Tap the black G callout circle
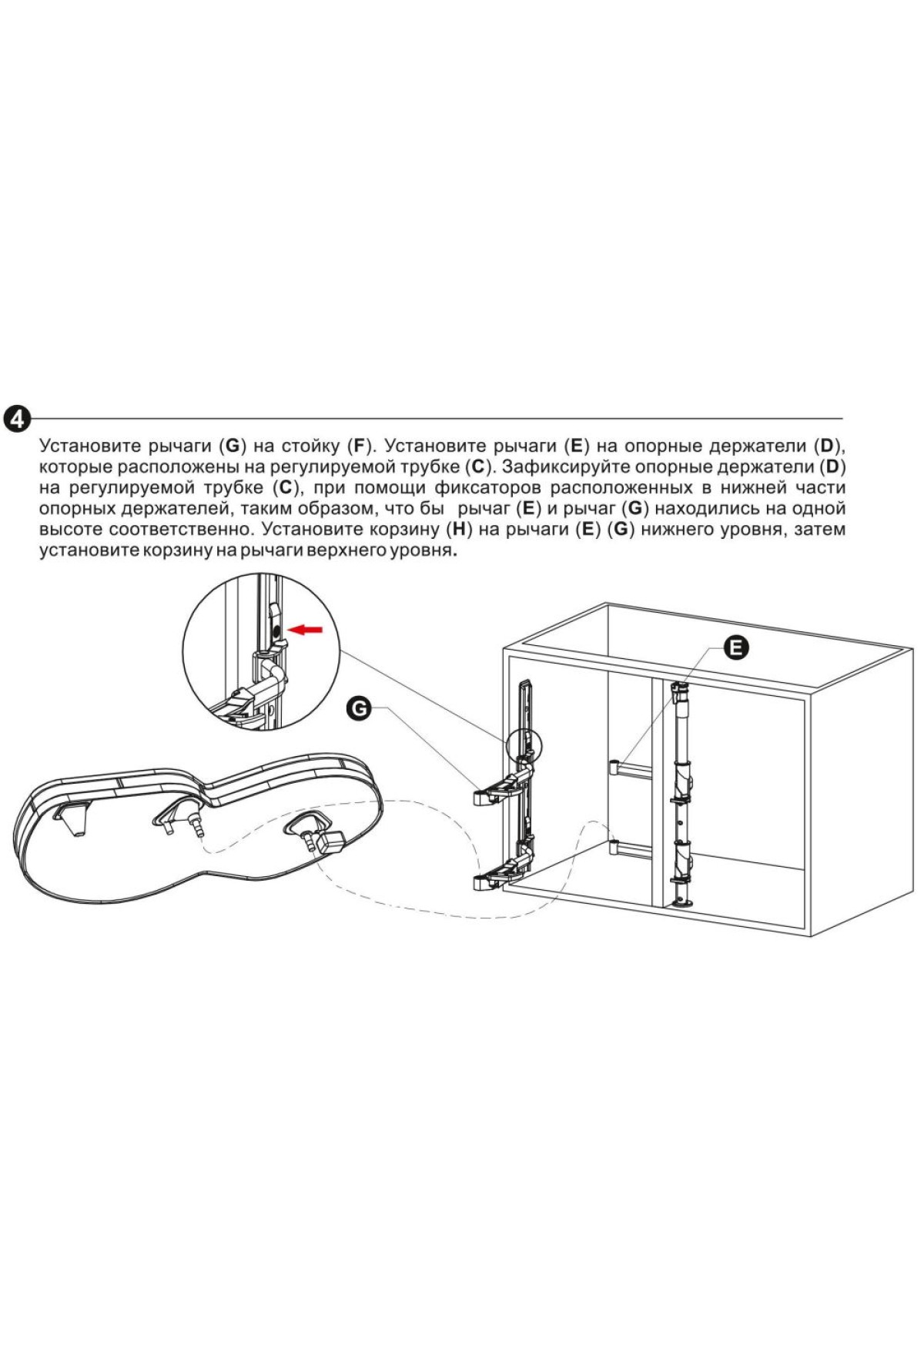[359, 707]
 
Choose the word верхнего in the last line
[349, 551]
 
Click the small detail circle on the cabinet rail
[525, 745]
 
